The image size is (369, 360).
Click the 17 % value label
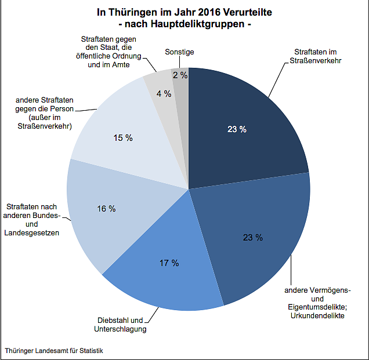[169, 263]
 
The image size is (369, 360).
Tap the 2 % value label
[180, 75]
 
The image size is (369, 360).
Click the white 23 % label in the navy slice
[237, 129]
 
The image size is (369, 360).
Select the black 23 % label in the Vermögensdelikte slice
[253, 237]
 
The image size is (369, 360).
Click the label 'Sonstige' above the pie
[179, 52]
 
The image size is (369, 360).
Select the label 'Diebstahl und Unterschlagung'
[120, 325]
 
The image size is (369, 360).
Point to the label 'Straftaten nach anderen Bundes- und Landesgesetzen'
[32, 220]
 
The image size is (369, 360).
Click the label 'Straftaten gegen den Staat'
[113, 52]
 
